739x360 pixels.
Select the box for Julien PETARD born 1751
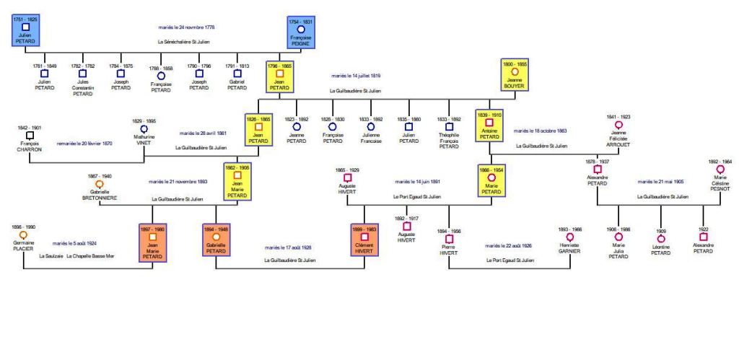pyautogui.click(x=25, y=32)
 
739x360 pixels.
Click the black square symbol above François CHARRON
pyautogui.click(x=29, y=134)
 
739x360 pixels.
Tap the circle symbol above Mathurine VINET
pyautogui.click(x=144, y=128)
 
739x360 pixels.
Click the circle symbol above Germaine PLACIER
pyautogui.click(x=23, y=234)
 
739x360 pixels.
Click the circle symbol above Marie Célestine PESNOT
pyautogui.click(x=720, y=169)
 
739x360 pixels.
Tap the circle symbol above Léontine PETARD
pyautogui.click(x=661, y=238)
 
